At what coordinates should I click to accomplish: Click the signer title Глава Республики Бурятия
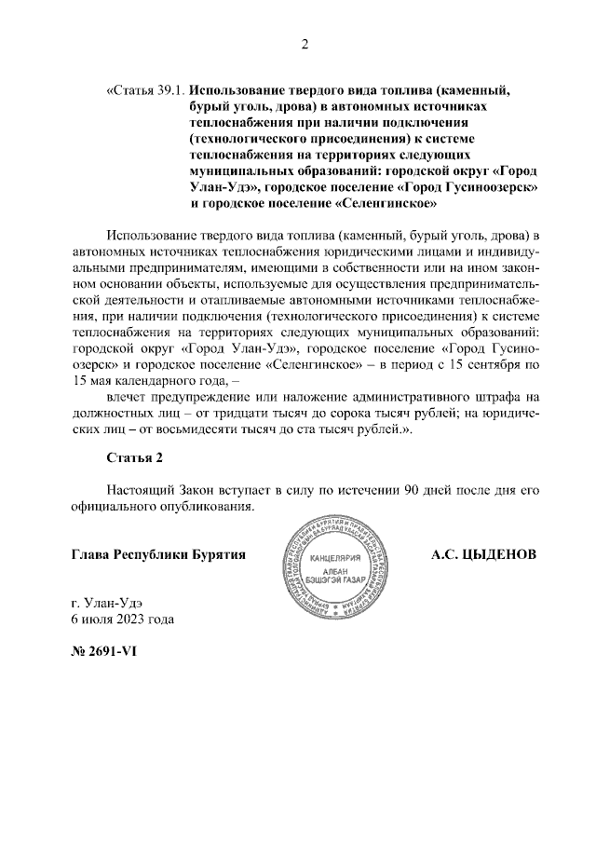pos(157,555)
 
